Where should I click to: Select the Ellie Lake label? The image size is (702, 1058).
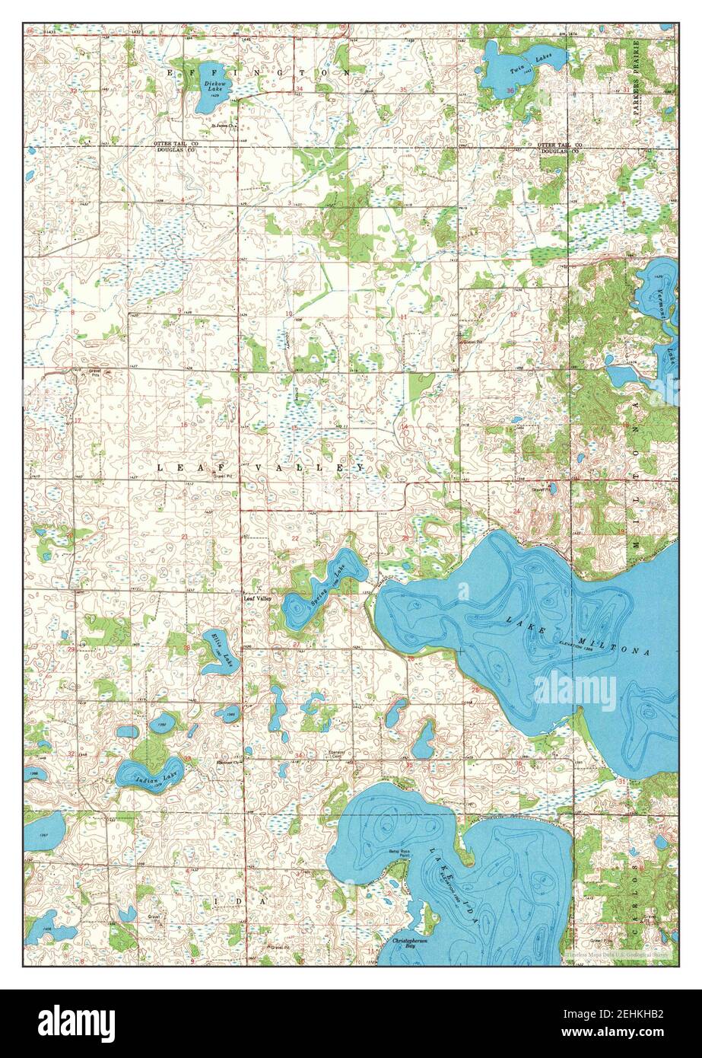(x=218, y=652)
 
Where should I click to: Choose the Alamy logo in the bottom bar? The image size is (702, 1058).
(x=76, y=1023)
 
